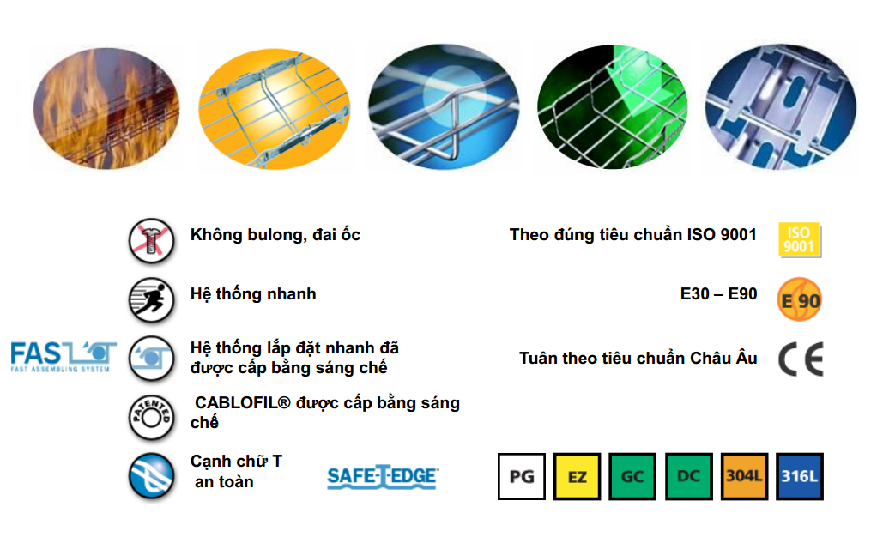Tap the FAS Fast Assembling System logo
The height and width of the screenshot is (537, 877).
coord(64,354)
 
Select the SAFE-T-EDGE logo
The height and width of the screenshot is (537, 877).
coord(383,478)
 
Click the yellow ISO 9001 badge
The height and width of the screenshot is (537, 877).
coord(799,239)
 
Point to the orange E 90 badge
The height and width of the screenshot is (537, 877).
coord(800,299)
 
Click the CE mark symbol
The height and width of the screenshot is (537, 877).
coord(801,359)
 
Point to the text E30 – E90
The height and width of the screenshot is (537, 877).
coord(718,294)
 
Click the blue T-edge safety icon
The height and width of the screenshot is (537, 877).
coord(151,476)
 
